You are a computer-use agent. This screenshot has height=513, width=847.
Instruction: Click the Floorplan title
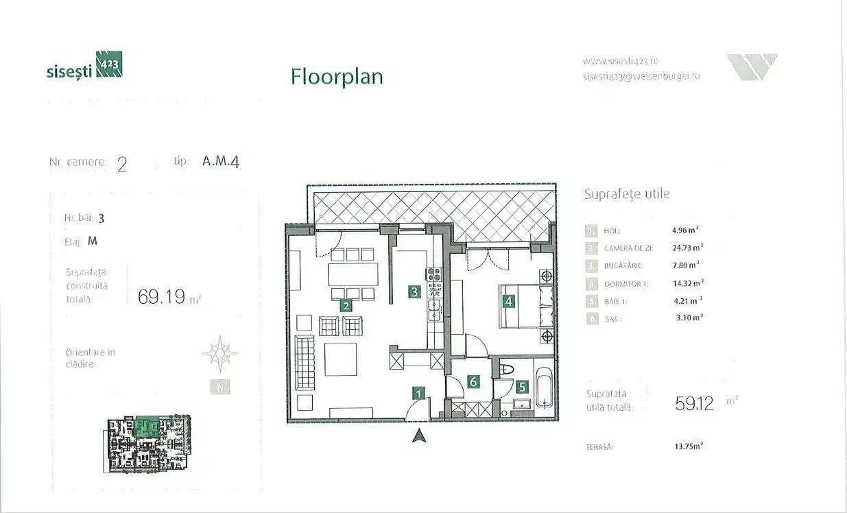tap(337, 76)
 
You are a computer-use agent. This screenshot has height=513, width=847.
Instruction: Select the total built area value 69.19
tap(163, 297)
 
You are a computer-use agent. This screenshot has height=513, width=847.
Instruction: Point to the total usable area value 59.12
tap(694, 404)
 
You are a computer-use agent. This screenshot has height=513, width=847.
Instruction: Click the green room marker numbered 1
tap(418, 394)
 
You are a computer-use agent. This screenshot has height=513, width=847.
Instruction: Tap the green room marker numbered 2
tap(346, 307)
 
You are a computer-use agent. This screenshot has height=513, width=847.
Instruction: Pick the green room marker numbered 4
tap(508, 300)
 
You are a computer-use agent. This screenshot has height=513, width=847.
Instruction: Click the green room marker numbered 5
tap(522, 387)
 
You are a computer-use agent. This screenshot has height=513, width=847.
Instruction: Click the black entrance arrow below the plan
tap(420, 434)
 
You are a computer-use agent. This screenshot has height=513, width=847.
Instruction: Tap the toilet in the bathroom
tap(508, 370)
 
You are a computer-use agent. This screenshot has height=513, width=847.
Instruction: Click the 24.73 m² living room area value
tap(687, 248)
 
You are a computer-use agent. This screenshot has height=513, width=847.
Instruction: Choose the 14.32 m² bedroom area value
tap(687, 283)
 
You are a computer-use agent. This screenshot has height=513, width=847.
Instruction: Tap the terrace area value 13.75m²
tap(689, 446)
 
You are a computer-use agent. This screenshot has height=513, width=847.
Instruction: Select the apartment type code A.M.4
tap(221, 163)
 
